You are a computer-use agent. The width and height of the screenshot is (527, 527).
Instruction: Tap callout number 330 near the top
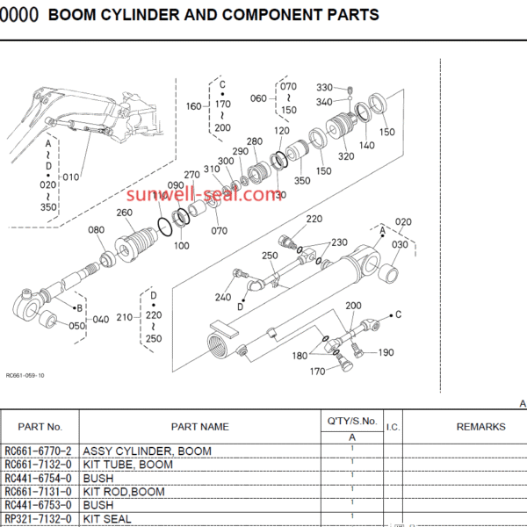[325, 88]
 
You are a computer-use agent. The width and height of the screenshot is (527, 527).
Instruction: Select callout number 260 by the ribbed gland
[124, 213]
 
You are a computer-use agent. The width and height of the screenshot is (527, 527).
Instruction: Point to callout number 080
[97, 231]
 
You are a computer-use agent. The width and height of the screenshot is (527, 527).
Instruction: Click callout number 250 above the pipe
[270, 256]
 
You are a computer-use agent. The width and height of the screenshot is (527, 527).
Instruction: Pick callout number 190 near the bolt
[386, 352]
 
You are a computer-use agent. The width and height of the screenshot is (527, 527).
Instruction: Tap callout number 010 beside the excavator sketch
[71, 176]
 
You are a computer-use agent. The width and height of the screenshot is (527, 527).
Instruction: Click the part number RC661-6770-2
[38, 451]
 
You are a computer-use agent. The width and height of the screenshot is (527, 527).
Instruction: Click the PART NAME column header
[199, 427]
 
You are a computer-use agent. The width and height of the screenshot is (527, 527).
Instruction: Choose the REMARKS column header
[480, 427]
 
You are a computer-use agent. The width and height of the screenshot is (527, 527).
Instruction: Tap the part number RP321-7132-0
[38, 520]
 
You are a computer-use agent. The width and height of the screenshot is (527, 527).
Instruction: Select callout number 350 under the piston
[302, 181]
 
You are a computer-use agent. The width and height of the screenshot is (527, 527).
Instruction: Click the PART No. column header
[38, 427]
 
